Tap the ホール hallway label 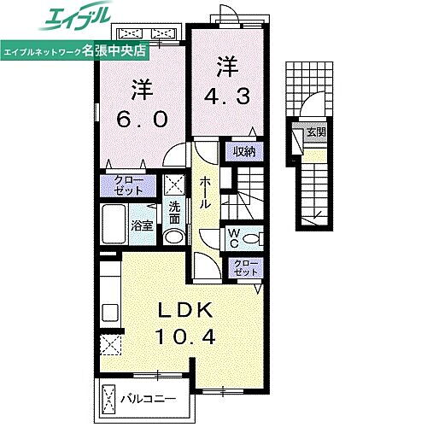pos(206,195)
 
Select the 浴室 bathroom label pos(142,226)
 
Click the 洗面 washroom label pos(173,212)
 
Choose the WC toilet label pos(233,237)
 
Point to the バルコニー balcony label pos(148,398)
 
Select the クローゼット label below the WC pos(244,267)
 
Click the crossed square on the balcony pos(110,398)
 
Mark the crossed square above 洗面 pos(174,183)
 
